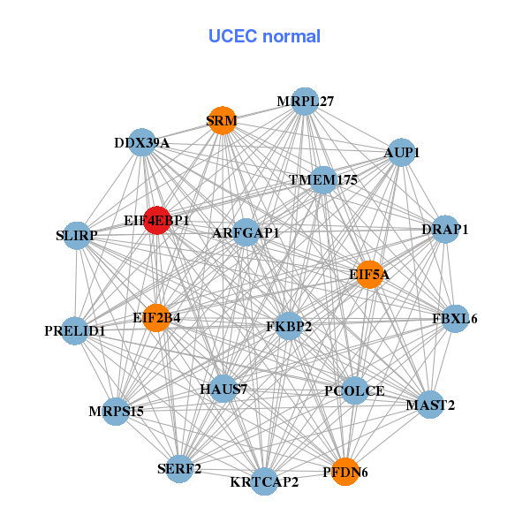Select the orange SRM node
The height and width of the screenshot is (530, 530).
click(x=221, y=120)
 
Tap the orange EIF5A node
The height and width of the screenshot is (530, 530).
click(x=368, y=275)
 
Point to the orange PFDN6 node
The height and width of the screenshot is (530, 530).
click(x=344, y=472)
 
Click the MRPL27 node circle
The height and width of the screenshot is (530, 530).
click(x=304, y=101)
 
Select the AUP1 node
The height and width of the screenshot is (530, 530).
click(x=401, y=152)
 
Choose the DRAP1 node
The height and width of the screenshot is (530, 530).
click(x=445, y=229)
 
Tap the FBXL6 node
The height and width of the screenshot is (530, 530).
click(x=454, y=318)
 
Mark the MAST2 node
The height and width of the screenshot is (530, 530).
click(x=430, y=405)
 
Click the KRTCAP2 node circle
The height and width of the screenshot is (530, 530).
click(x=264, y=481)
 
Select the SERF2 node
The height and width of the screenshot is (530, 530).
click(x=179, y=469)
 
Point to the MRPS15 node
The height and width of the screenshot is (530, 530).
click(x=116, y=411)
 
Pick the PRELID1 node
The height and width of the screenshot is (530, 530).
click(x=75, y=331)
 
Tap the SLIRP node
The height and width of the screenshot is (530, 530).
click(x=76, y=236)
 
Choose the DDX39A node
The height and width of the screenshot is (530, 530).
click(x=142, y=142)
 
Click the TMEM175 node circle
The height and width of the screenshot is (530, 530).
click(x=323, y=180)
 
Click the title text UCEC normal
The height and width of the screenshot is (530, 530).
click(x=264, y=36)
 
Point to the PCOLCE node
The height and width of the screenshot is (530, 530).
click(x=354, y=390)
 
